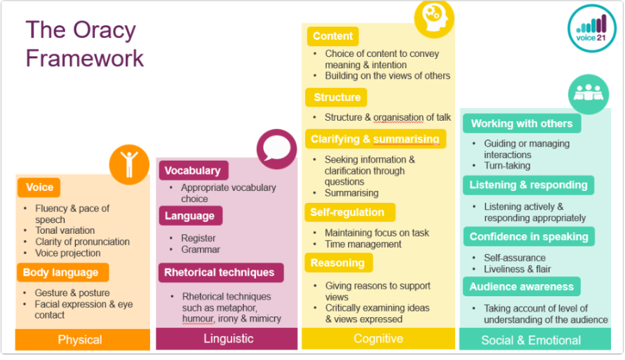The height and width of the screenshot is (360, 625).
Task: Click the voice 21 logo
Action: pos(592,28)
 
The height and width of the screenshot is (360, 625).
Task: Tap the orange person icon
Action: pos(129,164)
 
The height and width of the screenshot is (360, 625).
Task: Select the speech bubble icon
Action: pos(276,149)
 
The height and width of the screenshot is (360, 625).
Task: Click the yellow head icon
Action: pos(434,18)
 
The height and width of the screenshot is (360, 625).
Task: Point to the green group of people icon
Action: pos(589,94)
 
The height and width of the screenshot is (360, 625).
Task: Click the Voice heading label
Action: pos(39,187)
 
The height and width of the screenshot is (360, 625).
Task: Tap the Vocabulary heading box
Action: pos(194,171)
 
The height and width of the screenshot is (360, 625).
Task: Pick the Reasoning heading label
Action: pos(339,263)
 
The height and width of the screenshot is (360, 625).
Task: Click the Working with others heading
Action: pos(522,124)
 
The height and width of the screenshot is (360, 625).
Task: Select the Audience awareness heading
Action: pos(521,286)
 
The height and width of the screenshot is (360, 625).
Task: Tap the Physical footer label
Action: pos(80,340)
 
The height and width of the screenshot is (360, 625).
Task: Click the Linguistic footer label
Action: pos(229,339)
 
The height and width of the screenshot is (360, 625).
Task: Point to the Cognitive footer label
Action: pos(378,339)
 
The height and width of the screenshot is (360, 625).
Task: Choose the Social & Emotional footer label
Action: pos(531,340)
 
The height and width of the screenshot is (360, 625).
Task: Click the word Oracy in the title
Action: pos(105,31)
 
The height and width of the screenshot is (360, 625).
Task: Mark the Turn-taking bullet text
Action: pos(507,166)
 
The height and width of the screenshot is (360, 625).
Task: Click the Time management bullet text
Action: pos(363,244)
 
